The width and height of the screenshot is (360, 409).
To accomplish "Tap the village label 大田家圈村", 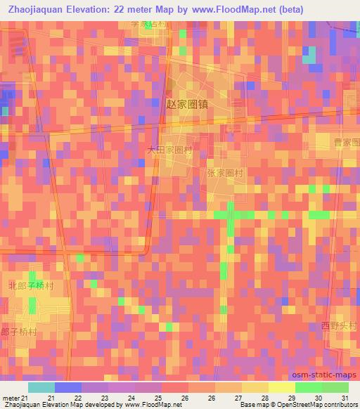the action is tap(169, 150).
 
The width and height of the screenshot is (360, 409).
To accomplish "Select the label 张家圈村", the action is tap(225, 172).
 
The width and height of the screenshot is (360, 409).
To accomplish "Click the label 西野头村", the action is tap(335, 325).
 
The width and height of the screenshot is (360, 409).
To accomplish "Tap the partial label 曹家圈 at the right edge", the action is tap(346, 143).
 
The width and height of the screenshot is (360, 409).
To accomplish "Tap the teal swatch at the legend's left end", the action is tap(41, 387).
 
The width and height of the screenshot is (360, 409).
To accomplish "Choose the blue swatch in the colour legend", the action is tap(68, 387).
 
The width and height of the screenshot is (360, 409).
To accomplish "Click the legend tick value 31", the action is tap(345, 398).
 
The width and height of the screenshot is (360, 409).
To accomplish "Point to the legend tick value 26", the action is tap(185, 398).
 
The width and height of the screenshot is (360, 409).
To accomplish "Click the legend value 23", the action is tap(105, 398).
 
